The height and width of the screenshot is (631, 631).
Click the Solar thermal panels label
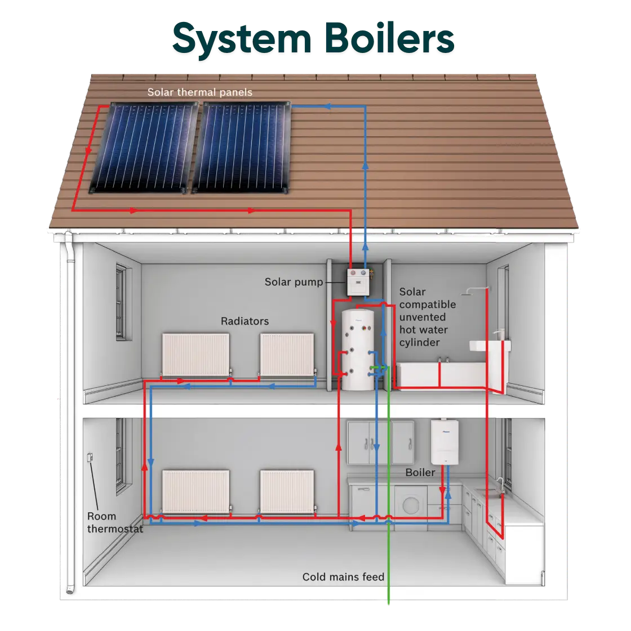(x=199, y=92)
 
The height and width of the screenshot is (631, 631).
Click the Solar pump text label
(x=294, y=282)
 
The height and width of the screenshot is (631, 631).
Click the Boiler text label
(x=420, y=472)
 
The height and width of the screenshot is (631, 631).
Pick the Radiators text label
(x=245, y=321)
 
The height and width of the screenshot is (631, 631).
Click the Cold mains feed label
(x=343, y=577)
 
